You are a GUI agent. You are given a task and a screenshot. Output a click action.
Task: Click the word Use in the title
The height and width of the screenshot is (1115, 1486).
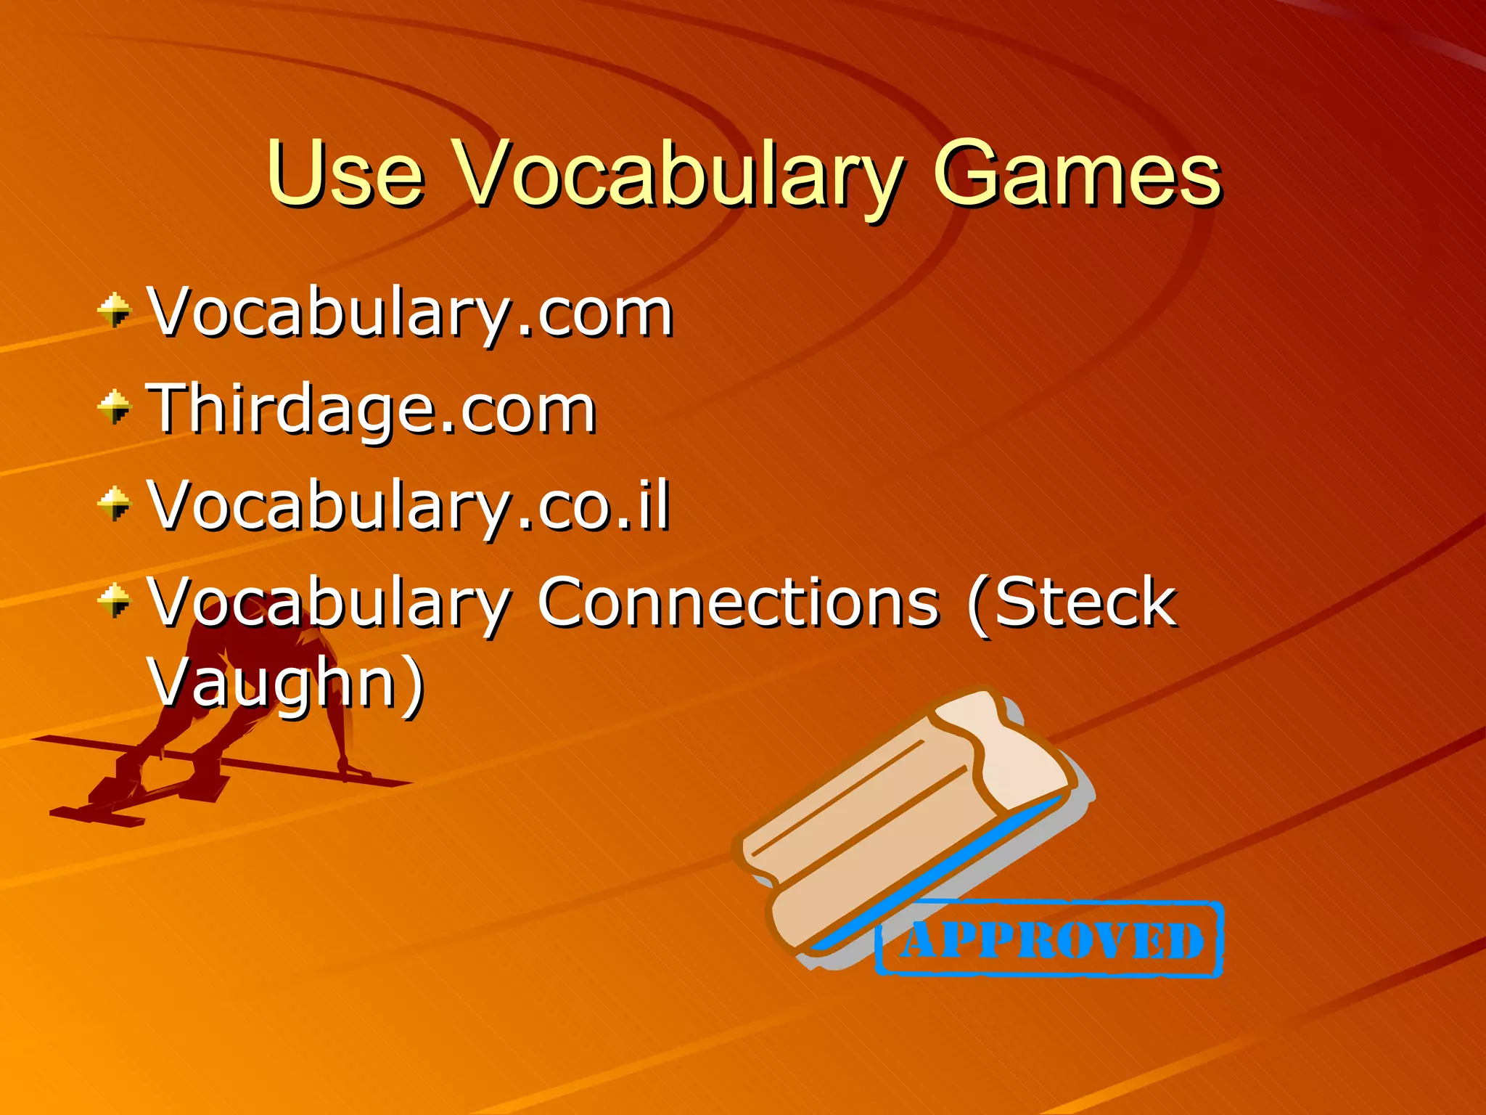pyautogui.click(x=345, y=174)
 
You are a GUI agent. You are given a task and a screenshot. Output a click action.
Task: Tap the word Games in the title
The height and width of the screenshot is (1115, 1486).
pyautogui.click(x=1077, y=174)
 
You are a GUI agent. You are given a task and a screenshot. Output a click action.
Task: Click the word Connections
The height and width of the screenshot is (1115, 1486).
pyautogui.click(x=739, y=603)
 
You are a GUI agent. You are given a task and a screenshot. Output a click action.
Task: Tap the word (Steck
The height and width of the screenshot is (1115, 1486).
pyautogui.click(x=1072, y=603)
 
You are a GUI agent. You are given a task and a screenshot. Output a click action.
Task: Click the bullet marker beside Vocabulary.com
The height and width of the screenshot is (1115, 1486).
pyautogui.click(x=115, y=311)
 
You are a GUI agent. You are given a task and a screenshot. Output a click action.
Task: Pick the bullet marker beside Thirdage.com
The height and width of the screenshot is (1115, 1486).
pyautogui.click(x=115, y=407)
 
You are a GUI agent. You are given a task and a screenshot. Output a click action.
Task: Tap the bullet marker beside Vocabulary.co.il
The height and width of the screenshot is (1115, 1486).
pyautogui.click(x=115, y=504)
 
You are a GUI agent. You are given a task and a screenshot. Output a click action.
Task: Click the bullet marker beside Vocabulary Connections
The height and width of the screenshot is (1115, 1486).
pyautogui.click(x=115, y=600)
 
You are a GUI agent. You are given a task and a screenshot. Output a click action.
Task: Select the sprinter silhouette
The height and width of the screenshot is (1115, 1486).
pyautogui.click(x=239, y=697)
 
